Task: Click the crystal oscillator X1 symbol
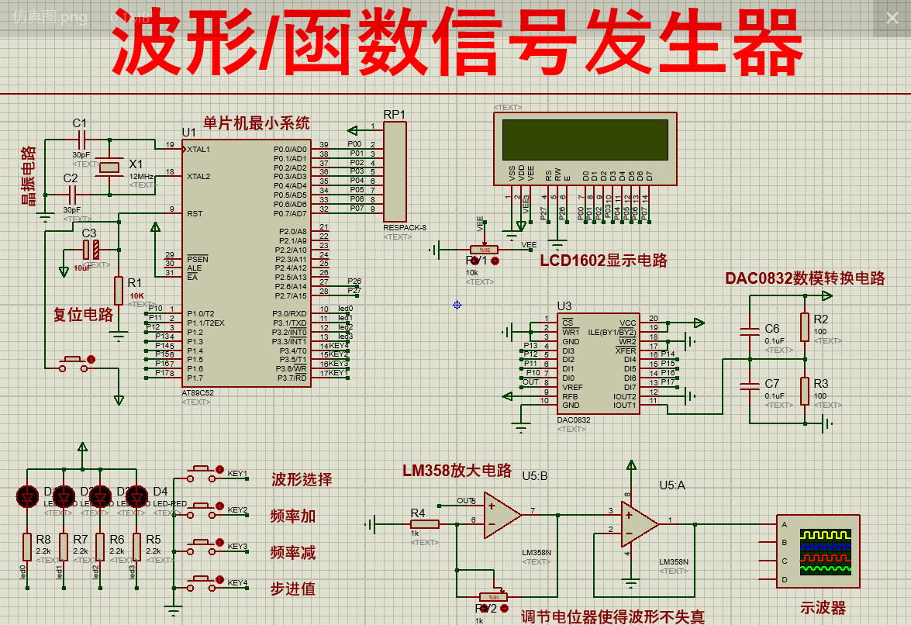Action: click(109, 167)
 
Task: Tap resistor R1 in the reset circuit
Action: click(119, 290)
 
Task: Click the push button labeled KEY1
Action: click(202, 469)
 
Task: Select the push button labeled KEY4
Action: click(202, 578)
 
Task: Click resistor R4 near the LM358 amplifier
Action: click(425, 524)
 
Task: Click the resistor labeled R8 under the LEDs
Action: click(27, 546)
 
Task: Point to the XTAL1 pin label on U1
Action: click(198, 149)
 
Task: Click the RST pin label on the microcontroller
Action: click(194, 213)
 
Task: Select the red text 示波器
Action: click(823, 609)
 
